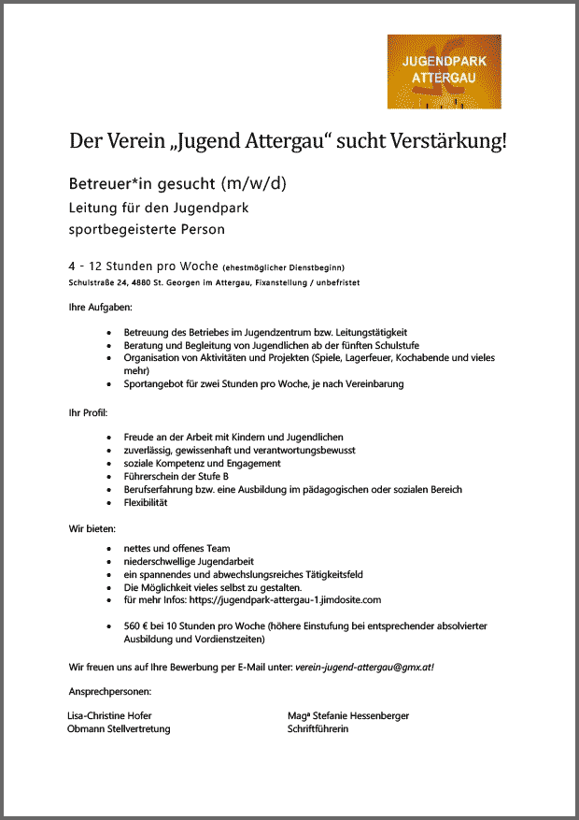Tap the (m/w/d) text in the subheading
(254, 182)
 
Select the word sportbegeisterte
(118, 228)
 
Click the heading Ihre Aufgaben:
(100, 307)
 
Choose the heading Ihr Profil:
(89, 411)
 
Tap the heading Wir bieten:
(92, 528)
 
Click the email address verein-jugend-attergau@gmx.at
(364, 667)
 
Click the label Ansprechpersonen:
(109, 691)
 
